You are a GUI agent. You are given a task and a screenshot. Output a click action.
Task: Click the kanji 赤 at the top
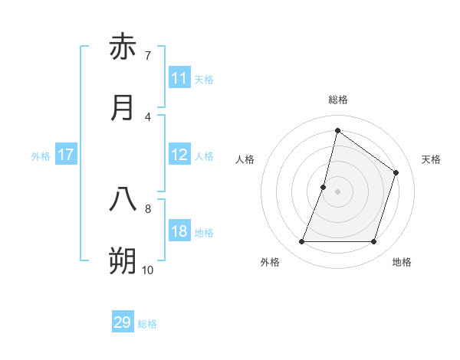(x=123, y=47)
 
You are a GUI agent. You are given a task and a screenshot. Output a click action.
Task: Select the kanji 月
(x=123, y=108)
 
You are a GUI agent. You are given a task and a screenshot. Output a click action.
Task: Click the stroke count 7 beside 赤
(x=147, y=55)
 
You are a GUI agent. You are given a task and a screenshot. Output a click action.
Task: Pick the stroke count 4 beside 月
(x=147, y=116)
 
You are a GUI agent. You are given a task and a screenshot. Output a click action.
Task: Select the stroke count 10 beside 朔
(x=147, y=270)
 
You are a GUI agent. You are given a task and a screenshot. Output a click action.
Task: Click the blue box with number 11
(x=179, y=78)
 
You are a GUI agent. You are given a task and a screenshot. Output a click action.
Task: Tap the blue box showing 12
(x=179, y=155)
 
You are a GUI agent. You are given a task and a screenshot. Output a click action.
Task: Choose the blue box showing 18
(x=179, y=231)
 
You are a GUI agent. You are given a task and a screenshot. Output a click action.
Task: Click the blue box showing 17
(x=66, y=155)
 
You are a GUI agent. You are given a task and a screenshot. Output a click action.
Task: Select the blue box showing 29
(x=123, y=322)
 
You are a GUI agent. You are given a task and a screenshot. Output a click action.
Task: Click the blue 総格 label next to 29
(x=148, y=324)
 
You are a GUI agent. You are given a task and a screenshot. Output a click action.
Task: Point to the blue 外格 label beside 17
(x=41, y=156)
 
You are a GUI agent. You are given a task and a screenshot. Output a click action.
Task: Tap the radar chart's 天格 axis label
(x=431, y=159)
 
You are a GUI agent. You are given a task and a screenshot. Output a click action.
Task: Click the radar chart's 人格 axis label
(x=245, y=159)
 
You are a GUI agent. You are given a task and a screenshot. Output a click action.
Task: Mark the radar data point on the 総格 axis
(x=337, y=130)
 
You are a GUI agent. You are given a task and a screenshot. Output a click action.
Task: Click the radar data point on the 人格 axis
(x=324, y=186)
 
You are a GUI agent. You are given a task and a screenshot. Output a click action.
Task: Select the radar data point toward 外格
(x=301, y=242)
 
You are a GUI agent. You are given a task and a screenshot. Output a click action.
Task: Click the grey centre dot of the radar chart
(x=337, y=191)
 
